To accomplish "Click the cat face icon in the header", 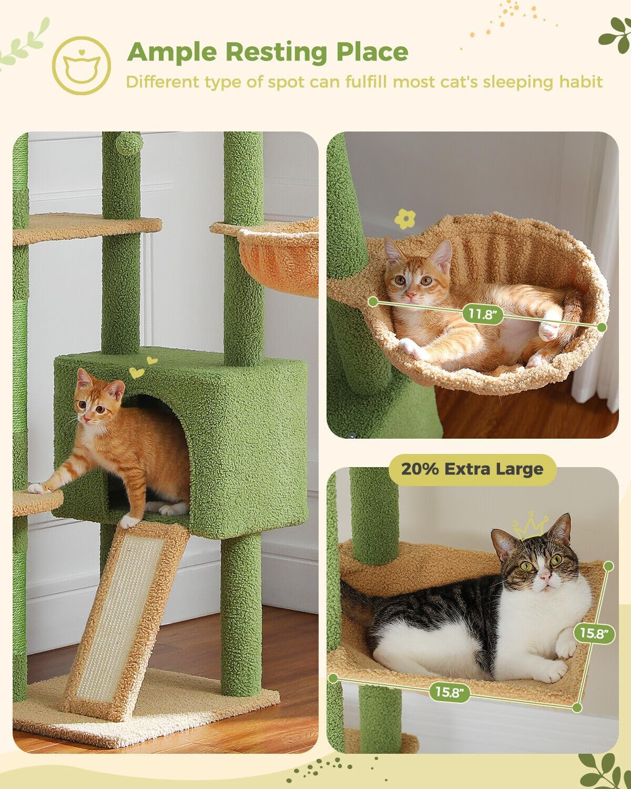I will click(82, 66).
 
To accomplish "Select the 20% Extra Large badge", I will click(472, 469).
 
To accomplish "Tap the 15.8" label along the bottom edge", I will click(449, 692).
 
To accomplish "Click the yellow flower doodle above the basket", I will click(404, 219).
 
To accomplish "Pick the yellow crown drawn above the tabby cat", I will click(530, 526).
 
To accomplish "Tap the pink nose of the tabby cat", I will click(545, 579).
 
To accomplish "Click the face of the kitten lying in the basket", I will click(410, 279).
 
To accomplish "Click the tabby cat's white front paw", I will click(565, 648).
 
